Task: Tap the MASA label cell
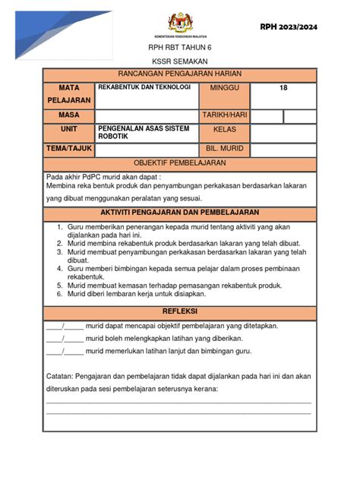tap(68, 115)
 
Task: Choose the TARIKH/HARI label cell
tap(226, 115)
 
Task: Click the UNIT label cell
tap(68, 131)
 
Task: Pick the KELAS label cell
tap(226, 131)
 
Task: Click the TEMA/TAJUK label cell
tap(68, 149)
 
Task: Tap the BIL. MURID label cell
tap(226, 149)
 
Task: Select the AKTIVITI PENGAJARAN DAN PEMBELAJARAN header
tap(180, 212)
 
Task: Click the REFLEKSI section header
tap(180, 312)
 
